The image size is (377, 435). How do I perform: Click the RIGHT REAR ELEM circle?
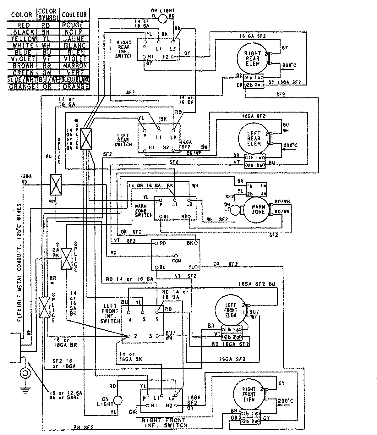[252, 58]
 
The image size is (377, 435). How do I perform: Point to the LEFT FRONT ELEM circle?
[230, 310]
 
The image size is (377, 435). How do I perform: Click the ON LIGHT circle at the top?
[163, 19]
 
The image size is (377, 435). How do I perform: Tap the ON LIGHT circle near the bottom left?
[118, 400]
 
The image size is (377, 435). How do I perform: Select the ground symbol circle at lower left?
[25, 373]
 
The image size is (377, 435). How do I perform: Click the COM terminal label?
[176, 261]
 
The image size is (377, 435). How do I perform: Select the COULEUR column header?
[74, 14]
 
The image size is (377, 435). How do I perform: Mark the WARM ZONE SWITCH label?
[144, 211]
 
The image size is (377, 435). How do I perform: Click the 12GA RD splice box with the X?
[56, 184]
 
